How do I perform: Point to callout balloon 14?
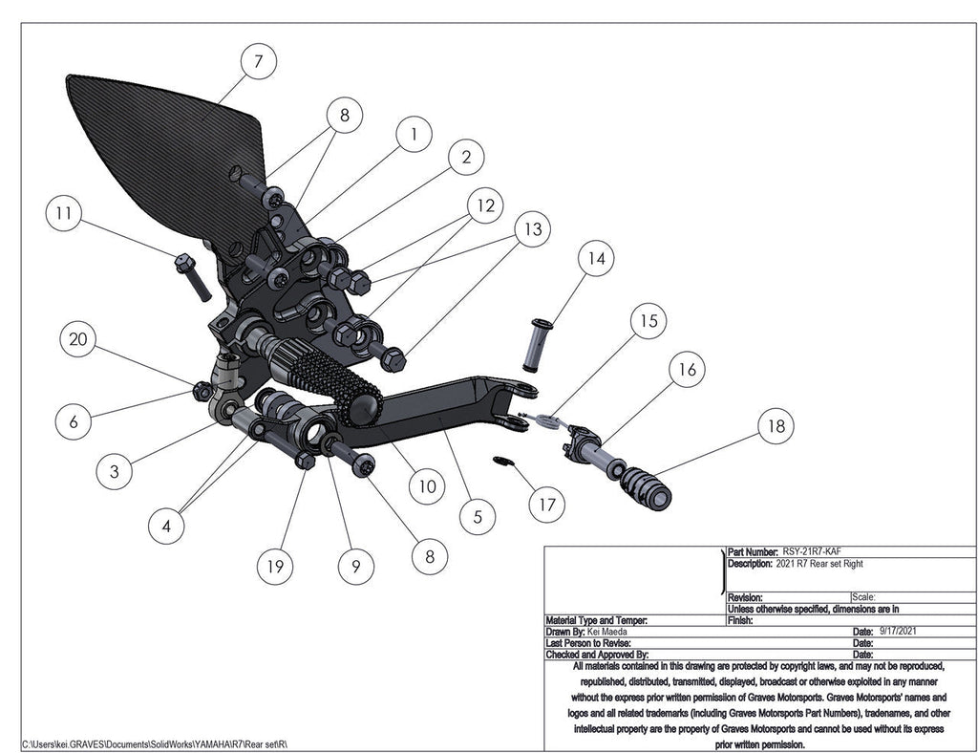[x=597, y=258]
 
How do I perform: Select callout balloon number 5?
[x=478, y=518]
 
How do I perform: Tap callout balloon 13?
[x=532, y=229]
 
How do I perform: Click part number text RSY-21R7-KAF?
[x=812, y=551]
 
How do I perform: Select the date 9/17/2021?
[x=899, y=632]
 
